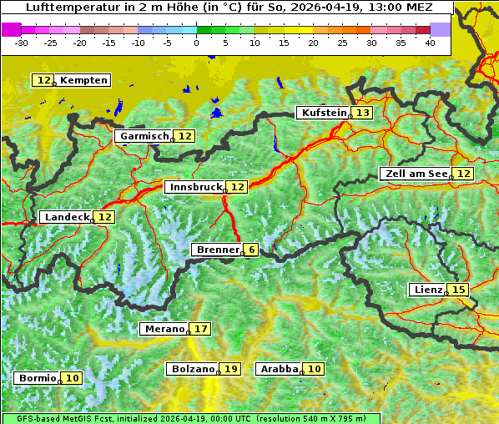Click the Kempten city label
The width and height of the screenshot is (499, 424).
click(83, 80)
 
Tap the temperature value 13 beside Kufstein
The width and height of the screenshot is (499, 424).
click(362, 113)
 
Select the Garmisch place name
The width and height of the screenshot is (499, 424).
click(144, 136)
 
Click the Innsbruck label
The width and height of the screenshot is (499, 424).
click(195, 187)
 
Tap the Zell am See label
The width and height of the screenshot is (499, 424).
click(415, 174)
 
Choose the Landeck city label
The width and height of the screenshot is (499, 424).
click(67, 217)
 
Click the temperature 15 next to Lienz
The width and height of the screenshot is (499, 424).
click(459, 290)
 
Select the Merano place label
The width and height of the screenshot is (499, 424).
click(163, 329)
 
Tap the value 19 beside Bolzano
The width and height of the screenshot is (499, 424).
click(230, 369)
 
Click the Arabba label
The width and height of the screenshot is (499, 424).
click(279, 369)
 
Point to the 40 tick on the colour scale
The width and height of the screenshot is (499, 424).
click(430, 42)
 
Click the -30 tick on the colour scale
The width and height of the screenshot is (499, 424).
click(22, 42)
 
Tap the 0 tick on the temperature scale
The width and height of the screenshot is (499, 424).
click(196, 42)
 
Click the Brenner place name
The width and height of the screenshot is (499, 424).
click(217, 250)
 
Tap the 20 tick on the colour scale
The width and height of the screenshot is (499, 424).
click(313, 42)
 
